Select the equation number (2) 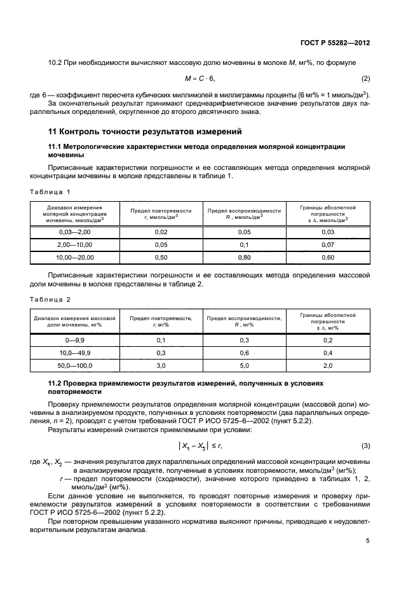(365, 78)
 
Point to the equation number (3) (365, 444)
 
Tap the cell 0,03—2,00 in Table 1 (75, 233)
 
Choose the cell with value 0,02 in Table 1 (161, 233)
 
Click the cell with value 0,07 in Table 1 (328, 245)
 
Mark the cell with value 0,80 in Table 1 (244, 257)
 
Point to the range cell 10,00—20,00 (75, 257)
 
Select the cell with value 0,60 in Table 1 (328, 257)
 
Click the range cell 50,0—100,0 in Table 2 (75, 366)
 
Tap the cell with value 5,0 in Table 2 (244, 366)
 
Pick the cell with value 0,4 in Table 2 (328, 353)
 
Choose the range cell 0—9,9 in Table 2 (75, 340)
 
